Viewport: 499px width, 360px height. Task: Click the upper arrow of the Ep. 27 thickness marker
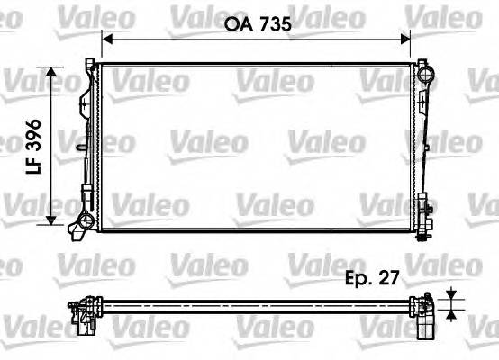449,292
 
